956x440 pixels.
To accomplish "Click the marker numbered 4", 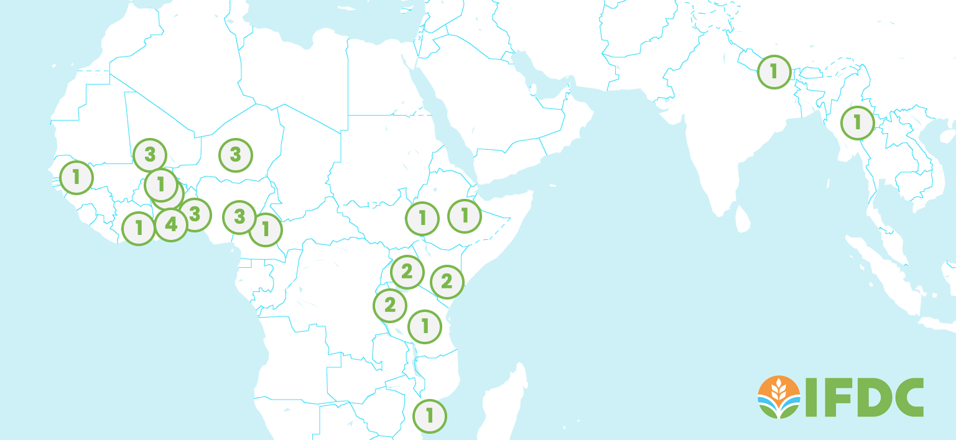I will tap(171, 224).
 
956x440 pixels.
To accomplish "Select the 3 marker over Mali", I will tap(150, 155).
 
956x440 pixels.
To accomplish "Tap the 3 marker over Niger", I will tap(235, 155).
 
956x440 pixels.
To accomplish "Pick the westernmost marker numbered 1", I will tap(76, 177).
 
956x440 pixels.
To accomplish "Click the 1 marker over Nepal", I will tap(774, 71).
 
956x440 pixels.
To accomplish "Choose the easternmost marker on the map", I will tap(857, 122).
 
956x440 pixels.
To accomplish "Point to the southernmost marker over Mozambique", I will tap(429, 415).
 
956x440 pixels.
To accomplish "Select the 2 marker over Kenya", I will tap(447, 282).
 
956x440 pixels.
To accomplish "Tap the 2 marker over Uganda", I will tap(407, 272).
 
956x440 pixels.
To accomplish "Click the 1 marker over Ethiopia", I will tap(464, 216).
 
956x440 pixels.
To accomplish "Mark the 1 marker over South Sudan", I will tap(422, 218).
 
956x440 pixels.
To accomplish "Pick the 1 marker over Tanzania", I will tap(425, 326).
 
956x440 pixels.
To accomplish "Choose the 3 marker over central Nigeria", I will tap(239, 217).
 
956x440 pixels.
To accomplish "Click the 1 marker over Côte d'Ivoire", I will tap(138, 228).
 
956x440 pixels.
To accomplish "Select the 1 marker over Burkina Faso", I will tap(160, 184).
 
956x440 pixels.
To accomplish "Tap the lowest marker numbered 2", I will tap(390, 305).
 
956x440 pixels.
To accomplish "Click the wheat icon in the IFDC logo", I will tap(778, 396).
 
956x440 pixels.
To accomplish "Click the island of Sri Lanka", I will tap(741, 218).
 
